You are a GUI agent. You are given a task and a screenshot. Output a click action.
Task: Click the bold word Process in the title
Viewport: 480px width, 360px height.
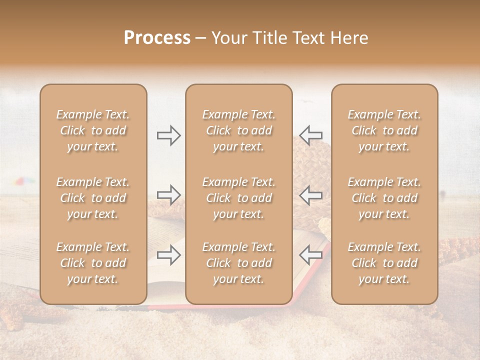click(x=157, y=38)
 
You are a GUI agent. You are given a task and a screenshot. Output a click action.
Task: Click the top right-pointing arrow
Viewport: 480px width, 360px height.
click(x=168, y=135)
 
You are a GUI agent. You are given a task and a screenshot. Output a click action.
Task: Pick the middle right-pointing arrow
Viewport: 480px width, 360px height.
click(x=168, y=195)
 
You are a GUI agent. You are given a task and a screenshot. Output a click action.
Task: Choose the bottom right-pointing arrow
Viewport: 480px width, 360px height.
click(x=168, y=255)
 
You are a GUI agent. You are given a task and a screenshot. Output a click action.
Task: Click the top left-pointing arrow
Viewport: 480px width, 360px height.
click(x=310, y=135)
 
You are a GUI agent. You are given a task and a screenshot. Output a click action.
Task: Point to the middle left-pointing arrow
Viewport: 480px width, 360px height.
click(x=310, y=195)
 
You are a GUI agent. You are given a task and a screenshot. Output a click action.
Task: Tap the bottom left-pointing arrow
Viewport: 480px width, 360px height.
click(x=310, y=255)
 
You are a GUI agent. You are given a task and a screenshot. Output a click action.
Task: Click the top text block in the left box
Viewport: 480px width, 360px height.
click(x=93, y=130)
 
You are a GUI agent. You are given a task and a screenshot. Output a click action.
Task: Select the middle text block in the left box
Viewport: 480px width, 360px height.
click(x=93, y=198)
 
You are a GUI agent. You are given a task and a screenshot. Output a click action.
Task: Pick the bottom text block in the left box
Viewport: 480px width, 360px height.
click(x=93, y=263)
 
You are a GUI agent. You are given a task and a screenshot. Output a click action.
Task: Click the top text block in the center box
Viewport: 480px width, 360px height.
click(x=238, y=130)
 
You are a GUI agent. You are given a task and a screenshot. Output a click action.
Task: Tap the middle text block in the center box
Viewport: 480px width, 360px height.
click(x=238, y=198)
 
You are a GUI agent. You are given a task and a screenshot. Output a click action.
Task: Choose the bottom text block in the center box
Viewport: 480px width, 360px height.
click(x=238, y=263)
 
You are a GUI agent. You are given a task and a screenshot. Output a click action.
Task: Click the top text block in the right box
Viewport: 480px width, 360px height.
click(x=384, y=130)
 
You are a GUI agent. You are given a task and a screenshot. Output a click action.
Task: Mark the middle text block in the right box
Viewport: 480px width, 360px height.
click(x=384, y=198)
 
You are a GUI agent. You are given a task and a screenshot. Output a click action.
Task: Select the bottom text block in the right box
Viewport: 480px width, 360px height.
click(x=384, y=263)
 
